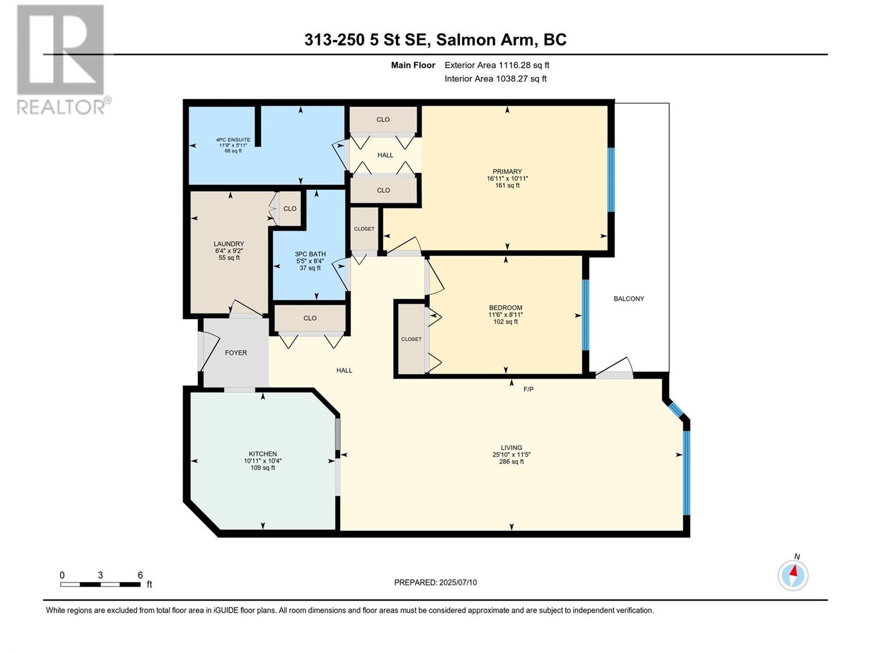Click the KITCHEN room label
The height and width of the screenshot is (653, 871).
pyautogui.click(x=263, y=454)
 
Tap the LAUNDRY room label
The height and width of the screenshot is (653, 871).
pyautogui.click(x=229, y=244)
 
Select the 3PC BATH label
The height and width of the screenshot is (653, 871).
pyautogui.click(x=310, y=254)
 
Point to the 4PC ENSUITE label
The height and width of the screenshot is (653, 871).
pyautogui.click(x=233, y=140)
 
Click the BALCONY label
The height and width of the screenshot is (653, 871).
pyautogui.click(x=629, y=299)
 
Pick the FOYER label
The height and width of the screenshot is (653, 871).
pyautogui.click(x=236, y=353)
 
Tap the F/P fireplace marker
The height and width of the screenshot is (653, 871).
pyautogui.click(x=528, y=389)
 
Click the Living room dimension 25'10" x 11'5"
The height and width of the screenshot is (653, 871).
pyautogui.click(x=511, y=455)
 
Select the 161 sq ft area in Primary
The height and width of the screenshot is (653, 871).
pyautogui.click(x=507, y=186)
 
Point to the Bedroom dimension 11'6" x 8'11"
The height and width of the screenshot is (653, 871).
pyautogui.click(x=505, y=315)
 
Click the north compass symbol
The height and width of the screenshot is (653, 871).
pyautogui.click(x=793, y=575)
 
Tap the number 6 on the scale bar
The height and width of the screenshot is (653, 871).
pyautogui.click(x=140, y=575)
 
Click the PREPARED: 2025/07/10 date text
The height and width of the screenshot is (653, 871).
pyautogui.click(x=436, y=582)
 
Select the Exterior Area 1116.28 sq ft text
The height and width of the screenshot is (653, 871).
pyautogui.click(x=496, y=65)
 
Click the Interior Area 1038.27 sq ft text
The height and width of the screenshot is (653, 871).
pyautogui.click(x=495, y=79)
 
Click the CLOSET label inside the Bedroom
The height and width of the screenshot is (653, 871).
pyautogui.click(x=411, y=339)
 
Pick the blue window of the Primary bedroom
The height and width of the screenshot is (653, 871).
pyautogui.click(x=611, y=180)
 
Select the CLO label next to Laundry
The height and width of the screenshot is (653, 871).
pyautogui.click(x=290, y=209)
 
